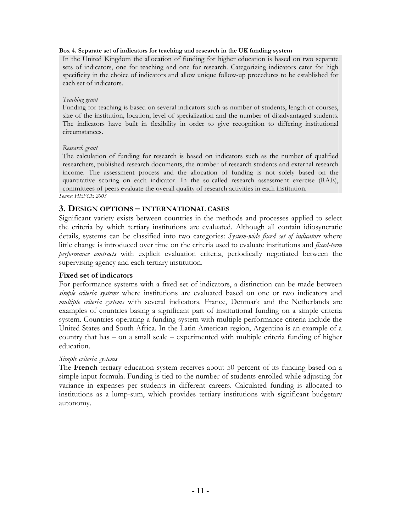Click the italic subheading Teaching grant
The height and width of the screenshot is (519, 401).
[x=80, y=100]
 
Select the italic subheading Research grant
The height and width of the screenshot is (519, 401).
[x=80, y=148]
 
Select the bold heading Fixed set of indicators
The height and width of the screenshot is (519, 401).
[x=96, y=275]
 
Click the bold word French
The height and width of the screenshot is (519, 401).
[x=85, y=368]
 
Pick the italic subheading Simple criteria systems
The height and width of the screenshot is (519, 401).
[x=88, y=359]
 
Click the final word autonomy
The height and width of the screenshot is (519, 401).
[x=75, y=403]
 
